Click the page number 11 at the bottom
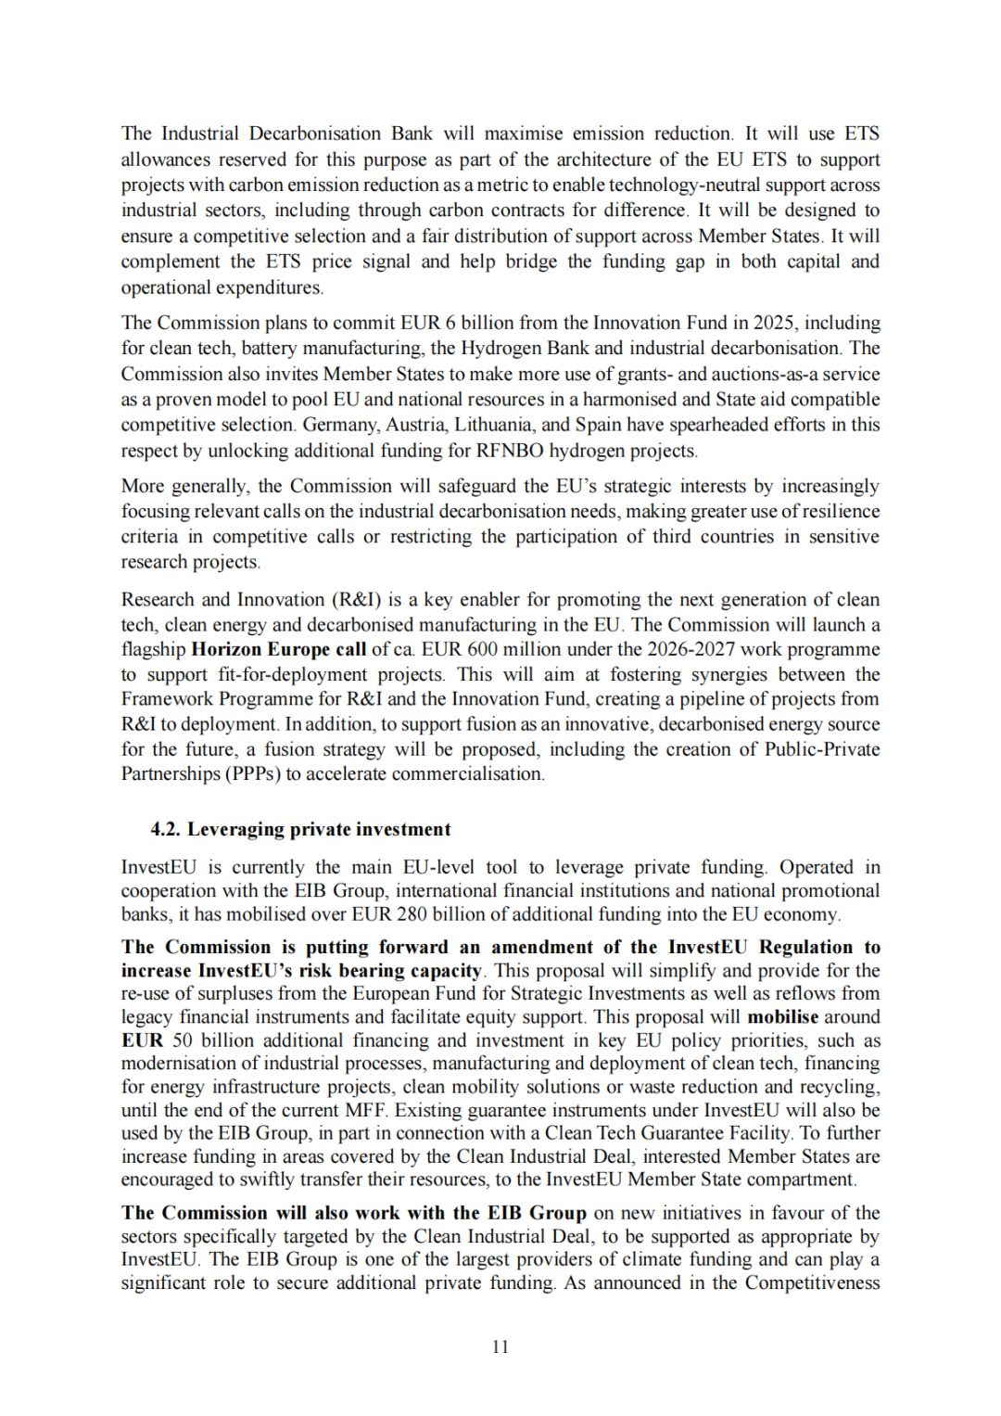tap(500, 1346)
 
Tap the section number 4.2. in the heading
tap(166, 829)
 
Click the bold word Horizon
tap(226, 649)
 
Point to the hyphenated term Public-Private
tap(821, 749)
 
